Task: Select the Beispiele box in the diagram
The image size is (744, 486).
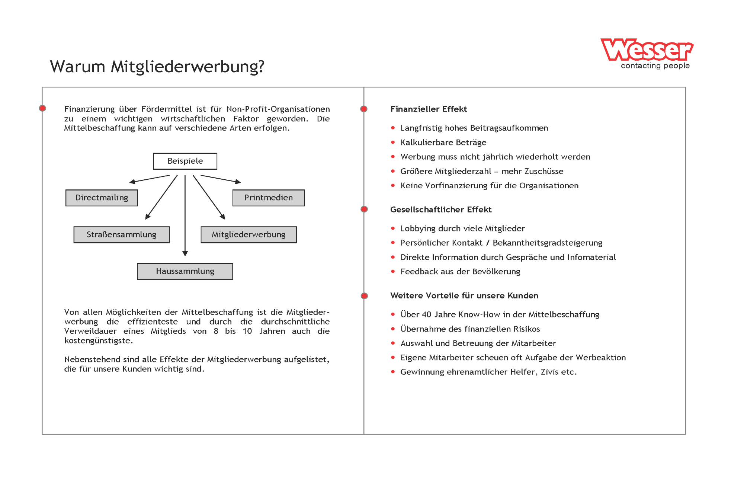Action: [185, 161]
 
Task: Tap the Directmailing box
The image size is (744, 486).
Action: [102, 198]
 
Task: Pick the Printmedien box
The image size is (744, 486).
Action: [268, 198]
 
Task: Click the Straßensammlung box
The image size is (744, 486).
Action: [121, 234]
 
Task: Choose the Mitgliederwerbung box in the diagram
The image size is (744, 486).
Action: [248, 234]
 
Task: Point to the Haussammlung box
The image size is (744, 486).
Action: [185, 271]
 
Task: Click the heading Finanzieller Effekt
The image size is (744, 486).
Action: [428, 109]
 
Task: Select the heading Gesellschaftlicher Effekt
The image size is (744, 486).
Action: [441, 210]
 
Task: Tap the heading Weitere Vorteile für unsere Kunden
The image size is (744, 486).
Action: [464, 295]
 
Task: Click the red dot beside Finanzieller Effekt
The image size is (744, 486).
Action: [364, 109]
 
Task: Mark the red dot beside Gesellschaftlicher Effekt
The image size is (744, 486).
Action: [364, 209]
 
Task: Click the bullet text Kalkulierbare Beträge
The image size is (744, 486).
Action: [443, 143]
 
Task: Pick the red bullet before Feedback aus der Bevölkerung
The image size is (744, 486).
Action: [393, 272]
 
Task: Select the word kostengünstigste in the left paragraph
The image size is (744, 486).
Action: [98, 340]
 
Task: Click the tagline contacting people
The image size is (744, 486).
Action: [655, 66]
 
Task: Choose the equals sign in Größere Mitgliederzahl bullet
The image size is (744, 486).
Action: [496, 172]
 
